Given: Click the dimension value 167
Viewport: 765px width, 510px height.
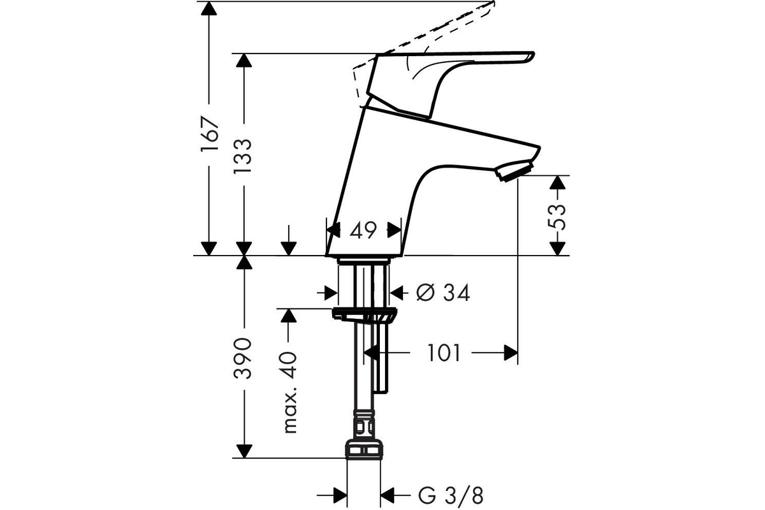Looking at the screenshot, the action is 209,135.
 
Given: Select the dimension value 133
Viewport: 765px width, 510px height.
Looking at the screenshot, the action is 243,156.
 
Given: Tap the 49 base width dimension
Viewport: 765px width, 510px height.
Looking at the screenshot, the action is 363,231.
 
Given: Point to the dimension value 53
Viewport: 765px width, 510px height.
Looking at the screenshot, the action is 557,216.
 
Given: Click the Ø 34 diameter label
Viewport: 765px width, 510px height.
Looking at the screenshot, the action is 443,293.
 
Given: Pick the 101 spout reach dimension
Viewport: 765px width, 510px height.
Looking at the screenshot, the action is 444,353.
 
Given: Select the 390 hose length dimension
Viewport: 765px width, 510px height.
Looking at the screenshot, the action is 243,358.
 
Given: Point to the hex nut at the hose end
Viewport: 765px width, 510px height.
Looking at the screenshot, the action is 364,450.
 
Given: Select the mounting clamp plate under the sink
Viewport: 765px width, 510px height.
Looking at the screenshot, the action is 364,314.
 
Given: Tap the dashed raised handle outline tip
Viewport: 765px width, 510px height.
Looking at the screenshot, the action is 493,3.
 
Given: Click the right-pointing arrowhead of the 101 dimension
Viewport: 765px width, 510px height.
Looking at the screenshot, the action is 511,353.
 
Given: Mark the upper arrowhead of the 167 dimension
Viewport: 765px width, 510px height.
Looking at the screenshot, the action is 208,8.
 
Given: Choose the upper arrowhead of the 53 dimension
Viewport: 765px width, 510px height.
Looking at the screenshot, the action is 557,182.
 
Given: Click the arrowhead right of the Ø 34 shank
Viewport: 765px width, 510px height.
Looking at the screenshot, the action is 396,293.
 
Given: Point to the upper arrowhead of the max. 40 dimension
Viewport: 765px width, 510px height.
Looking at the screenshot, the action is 289,316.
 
